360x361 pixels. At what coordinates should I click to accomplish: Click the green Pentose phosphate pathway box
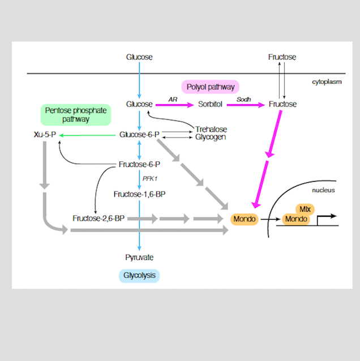coord(76,115)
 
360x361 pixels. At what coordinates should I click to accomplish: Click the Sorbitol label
coord(211,104)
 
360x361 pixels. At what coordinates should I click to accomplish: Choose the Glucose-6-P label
coord(139,135)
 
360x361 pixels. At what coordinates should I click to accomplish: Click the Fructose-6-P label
coord(139,165)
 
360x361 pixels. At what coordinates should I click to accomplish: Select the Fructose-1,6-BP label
coord(139,194)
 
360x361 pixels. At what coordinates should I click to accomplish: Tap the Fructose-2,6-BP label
coord(98,218)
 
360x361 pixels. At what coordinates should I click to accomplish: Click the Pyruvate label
coord(139,257)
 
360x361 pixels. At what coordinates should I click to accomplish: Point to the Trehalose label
coord(211,129)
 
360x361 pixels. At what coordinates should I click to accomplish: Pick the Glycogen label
coord(211,137)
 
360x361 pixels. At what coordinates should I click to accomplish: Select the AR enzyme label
coord(173,99)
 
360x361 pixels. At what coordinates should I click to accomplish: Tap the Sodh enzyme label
coord(243,99)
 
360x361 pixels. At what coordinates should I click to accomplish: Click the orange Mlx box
coord(305,209)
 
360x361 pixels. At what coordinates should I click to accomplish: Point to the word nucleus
coord(323,190)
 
